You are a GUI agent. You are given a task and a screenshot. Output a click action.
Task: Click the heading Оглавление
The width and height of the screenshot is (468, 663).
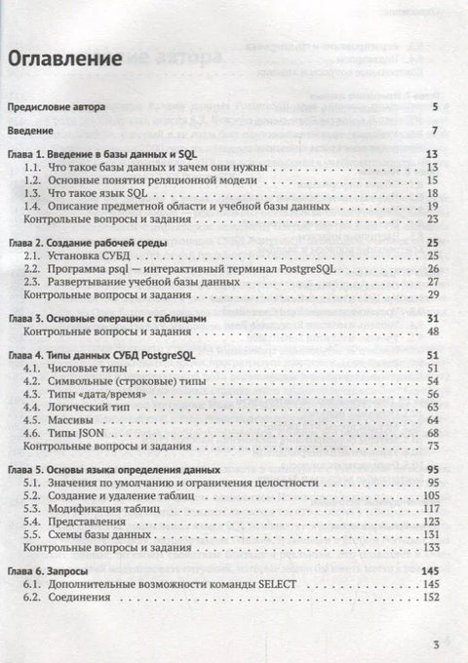click(x=65, y=58)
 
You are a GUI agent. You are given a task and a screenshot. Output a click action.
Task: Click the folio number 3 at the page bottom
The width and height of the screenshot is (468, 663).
click(x=438, y=643)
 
